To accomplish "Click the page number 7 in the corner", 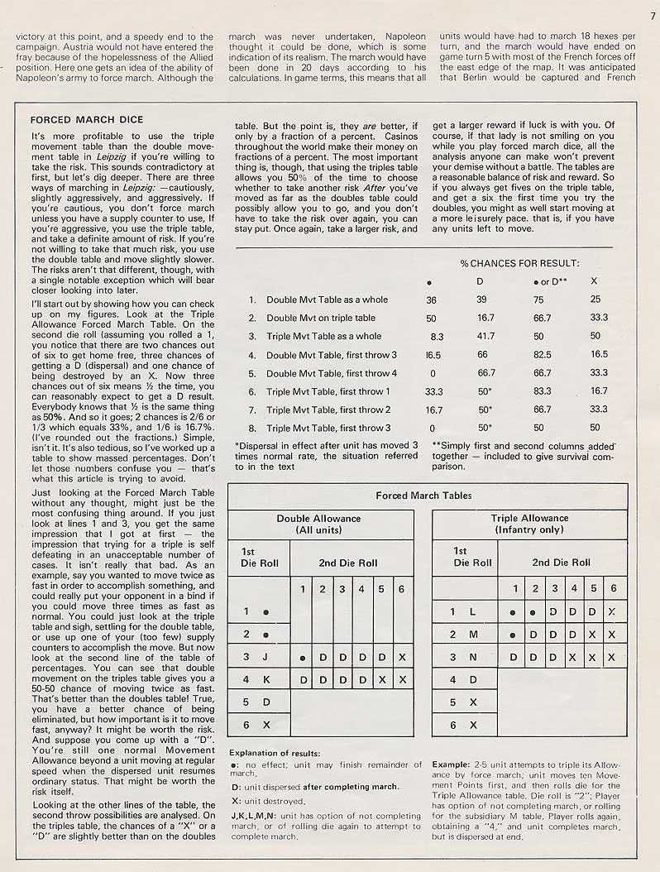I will [653, 14].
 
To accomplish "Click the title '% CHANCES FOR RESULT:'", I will [519, 263].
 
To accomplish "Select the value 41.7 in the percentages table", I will [482, 337].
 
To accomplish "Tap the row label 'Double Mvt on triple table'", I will [320, 319].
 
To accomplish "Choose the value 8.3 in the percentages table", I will [437, 337].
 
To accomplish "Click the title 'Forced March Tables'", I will [423, 496].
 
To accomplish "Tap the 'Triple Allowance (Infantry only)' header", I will [529, 524].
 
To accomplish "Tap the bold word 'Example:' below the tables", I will [451, 764].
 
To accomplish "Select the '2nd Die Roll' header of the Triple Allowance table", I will [562, 562].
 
